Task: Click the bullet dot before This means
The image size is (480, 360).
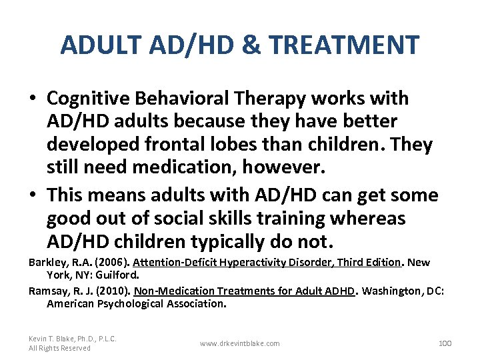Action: click(x=32, y=196)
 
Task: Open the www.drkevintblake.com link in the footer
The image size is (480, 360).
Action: click(x=240, y=343)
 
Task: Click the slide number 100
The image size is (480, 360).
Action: click(x=445, y=343)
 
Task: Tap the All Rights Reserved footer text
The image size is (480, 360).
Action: click(x=59, y=348)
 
